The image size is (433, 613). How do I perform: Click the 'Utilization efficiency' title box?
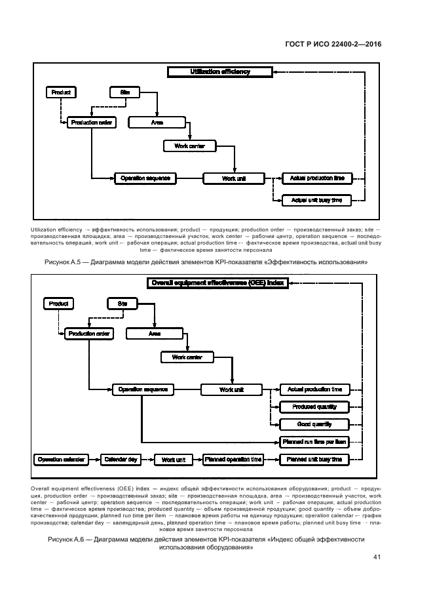click(x=219, y=71)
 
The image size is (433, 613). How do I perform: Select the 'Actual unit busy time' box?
click(x=316, y=200)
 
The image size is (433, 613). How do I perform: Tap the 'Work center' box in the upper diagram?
click(x=189, y=146)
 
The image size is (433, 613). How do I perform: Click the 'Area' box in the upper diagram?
click(x=157, y=122)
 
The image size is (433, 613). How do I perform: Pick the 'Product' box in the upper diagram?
click(x=60, y=92)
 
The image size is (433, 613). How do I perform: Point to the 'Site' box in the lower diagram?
click(x=122, y=304)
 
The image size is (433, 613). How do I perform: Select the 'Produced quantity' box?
click(x=314, y=407)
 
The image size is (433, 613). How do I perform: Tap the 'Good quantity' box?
click(x=314, y=424)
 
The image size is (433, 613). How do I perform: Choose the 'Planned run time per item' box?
click(x=314, y=442)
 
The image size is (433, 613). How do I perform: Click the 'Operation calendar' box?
click(x=60, y=460)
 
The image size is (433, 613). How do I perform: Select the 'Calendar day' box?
click(x=121, y=460)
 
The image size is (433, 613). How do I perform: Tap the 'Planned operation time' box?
click(x=233, y=460)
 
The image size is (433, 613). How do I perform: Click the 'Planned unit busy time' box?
click(x=314, y=460)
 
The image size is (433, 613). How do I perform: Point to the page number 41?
click(x=377, y=557)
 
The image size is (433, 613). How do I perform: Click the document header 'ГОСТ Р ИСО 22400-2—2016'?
click(x=333, y=44)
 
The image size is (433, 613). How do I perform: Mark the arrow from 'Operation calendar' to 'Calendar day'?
click(x=94, y=460)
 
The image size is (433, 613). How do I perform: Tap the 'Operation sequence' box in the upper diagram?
click(x=145, y=178)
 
